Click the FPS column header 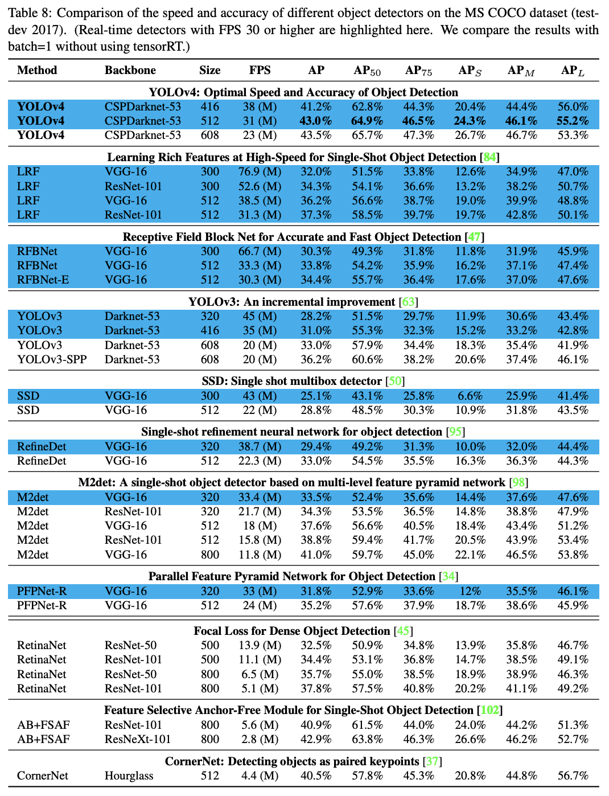[260, 71]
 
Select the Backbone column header [130, 71]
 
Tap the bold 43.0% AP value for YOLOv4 [316, 121]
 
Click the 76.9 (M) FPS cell [260, 172]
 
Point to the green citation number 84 [489, 158]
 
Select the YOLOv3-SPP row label [52, 360]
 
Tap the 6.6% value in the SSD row [470, 396]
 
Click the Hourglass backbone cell [129, 776]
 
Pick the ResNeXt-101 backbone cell [138, 740]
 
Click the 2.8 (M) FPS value [260, 740]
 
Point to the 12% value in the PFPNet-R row [470, 592]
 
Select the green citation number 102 [489, 711]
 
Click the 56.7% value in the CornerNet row [573, 776]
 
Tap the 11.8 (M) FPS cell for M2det [260, 555]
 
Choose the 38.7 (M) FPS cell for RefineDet [260, 447]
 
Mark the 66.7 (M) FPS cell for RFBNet [260, 252]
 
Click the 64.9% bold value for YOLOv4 [367, 121]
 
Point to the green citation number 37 [432, 762]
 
